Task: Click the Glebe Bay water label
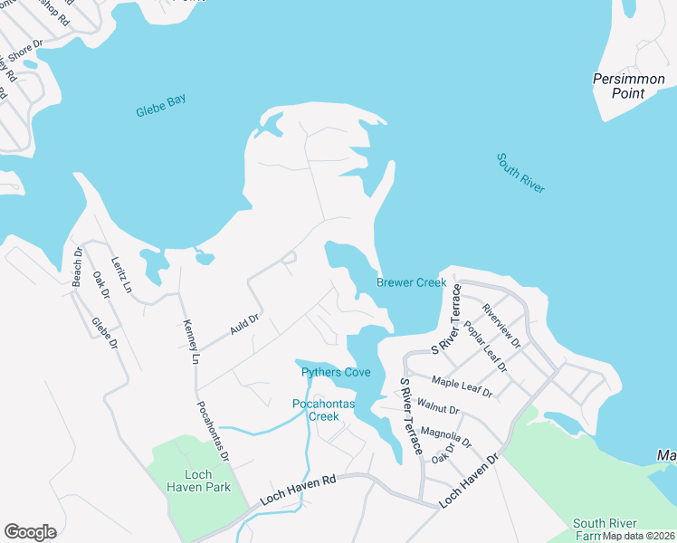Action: pos(160,106)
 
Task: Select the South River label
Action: pos(520,172)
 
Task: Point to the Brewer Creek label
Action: pos(412,283)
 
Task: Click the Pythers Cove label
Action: pos(336,372)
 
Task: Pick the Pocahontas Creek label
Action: pos(316,410)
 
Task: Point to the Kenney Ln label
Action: pos(190,341)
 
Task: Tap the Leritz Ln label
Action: pos(121,276)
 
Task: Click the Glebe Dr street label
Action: pos(105,333)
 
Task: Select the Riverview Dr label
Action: pos(501,325)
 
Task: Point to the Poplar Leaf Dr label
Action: pos(484,347)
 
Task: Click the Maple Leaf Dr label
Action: pos(462,386)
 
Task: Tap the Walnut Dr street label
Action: pos(440,410)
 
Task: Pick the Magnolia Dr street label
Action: pos(447,438)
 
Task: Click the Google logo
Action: pos(31,532)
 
